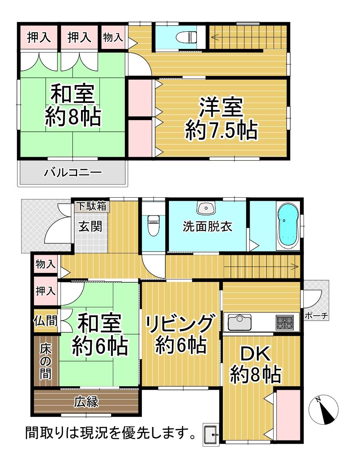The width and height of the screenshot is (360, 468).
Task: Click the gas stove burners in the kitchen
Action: pos(284,322)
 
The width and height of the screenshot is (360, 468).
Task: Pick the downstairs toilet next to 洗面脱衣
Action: pos(153,225)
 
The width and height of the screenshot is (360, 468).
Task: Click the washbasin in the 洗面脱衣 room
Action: pos(206,208)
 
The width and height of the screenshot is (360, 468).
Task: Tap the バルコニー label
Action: pos(73,173)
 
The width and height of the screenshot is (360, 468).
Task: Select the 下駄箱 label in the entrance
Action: pos(92,206)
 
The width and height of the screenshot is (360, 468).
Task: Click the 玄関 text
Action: pos(90,226)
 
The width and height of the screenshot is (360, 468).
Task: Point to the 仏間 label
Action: pos(46,321)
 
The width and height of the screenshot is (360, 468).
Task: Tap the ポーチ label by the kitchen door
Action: pos(316,316)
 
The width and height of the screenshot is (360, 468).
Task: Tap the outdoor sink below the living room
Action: pos(211,434)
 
